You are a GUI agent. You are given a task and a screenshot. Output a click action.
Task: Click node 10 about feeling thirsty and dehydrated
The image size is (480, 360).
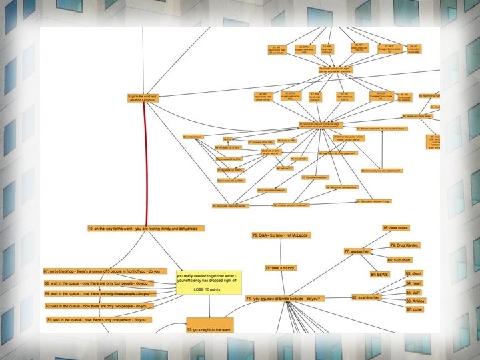pyautogui.click(x=145, y=229)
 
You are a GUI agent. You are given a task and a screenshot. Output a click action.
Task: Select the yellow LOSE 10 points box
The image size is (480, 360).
pyautogui.click(x=207, y=283)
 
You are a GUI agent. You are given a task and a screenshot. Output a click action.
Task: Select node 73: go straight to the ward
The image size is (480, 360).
pyautogui.click(x=209, y=329)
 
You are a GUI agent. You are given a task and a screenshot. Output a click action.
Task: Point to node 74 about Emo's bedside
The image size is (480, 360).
pyautogui.click(x=287, y=298)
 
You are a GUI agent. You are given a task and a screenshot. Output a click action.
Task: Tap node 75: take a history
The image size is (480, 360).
pyautogui.click(x=280, y=267)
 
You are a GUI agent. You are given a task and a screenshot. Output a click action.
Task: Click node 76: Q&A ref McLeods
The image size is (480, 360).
pyautogui.click(x=282, y=236)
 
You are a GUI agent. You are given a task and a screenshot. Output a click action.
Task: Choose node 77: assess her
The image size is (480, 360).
pyautogui.click(x=357, y=251)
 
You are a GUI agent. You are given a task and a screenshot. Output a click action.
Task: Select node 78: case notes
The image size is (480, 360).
pyautogui.click(x=395, y=228)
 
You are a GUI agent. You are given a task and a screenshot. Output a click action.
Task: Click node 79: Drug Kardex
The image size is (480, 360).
pyautogui.click(x=404, y=245)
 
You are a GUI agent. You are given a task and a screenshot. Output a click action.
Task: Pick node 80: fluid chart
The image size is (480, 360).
pyautogui.click(x=399, y=259)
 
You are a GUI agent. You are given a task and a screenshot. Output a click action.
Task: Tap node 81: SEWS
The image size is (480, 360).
pyautogui.click(x=379, y=274)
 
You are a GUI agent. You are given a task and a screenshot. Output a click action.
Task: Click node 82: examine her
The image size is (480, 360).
pyautogui.click(x=366, y=297)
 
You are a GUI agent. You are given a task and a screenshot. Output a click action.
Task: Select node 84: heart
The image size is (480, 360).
pyautogui.click(x=415, y=283)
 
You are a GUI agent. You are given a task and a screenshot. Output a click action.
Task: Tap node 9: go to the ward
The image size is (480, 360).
pyautogui.click(x=143, y=98)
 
